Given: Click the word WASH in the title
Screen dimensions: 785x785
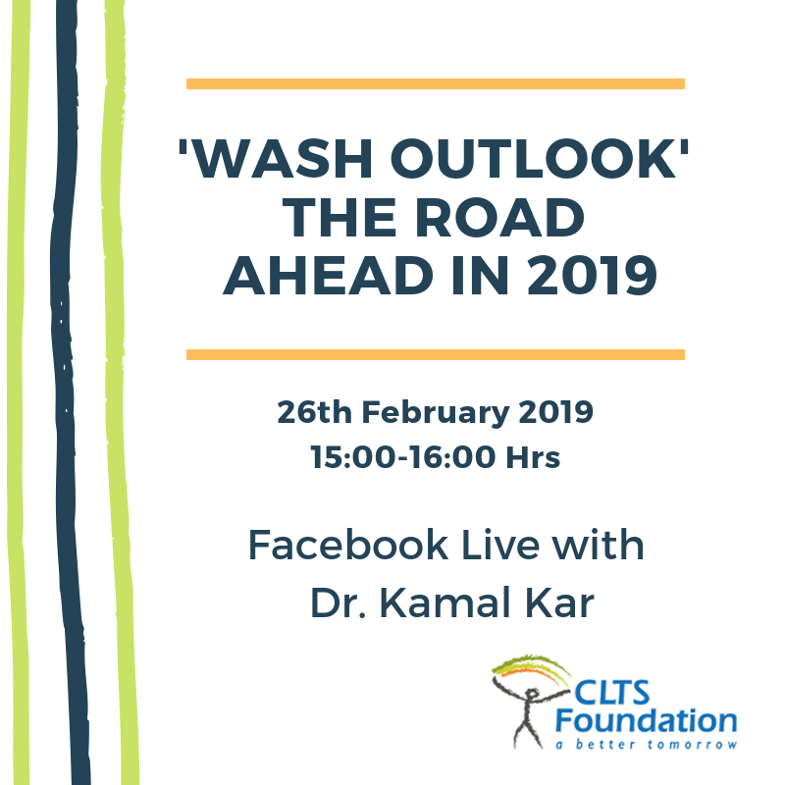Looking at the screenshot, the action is click(283, 158).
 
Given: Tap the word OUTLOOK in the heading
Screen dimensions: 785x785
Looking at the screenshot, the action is click(533, 158).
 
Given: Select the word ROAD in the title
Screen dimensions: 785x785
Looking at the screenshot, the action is click(499, 217).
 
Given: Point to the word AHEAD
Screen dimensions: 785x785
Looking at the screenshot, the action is click(328, 276).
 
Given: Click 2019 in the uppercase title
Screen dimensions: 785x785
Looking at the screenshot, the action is click(593, 276).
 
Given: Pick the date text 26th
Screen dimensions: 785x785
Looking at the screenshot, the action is click(314, 412).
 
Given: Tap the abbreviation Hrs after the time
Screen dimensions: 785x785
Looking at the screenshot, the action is click(533, 457).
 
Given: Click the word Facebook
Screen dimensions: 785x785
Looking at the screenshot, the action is click(348, 545).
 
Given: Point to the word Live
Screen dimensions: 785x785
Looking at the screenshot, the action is click(499, 545).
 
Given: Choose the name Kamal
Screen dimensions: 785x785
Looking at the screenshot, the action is click(445, 602).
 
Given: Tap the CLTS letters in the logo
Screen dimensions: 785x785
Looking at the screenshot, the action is click(611, 693).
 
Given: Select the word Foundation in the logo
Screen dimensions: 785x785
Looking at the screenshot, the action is click(646, 720).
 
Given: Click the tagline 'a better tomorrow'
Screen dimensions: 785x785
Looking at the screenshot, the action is click(646, 744).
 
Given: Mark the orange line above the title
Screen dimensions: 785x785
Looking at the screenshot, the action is click(435, 83).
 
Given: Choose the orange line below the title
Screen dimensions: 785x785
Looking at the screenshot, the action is click(435, 354).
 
